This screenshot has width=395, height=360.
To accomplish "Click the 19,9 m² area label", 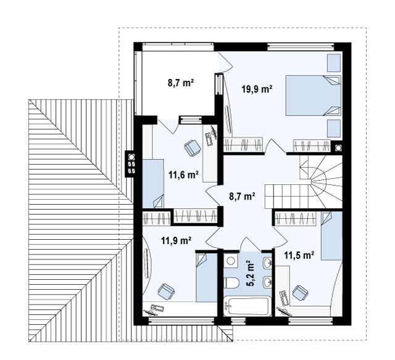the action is coord(257,89).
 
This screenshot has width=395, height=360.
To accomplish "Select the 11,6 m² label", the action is coord(184,174).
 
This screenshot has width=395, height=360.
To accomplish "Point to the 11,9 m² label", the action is coord(176,240).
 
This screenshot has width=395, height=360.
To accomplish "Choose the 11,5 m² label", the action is coord(299,255).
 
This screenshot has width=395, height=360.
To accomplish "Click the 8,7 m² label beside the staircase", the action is coord(242,196).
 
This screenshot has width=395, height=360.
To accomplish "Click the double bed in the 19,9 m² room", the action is coord(314,96).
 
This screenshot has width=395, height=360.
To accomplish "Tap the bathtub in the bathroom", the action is coord(247,306).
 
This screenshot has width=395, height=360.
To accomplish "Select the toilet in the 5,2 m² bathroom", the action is coord(231,283).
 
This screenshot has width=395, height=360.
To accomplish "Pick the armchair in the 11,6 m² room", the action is coord(193,148).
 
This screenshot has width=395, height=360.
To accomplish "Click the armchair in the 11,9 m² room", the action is coord(166,292).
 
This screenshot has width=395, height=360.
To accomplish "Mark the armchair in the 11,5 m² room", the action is coord(301,293).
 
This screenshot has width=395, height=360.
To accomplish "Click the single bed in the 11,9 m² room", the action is coord(207,277).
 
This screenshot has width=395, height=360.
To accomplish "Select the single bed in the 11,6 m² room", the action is coord(153,184).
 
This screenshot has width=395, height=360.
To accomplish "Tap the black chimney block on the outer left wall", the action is coord(130,164).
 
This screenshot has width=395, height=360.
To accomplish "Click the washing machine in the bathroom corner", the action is coord(231,260).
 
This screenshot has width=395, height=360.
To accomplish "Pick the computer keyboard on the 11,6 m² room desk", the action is coord(209,139).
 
